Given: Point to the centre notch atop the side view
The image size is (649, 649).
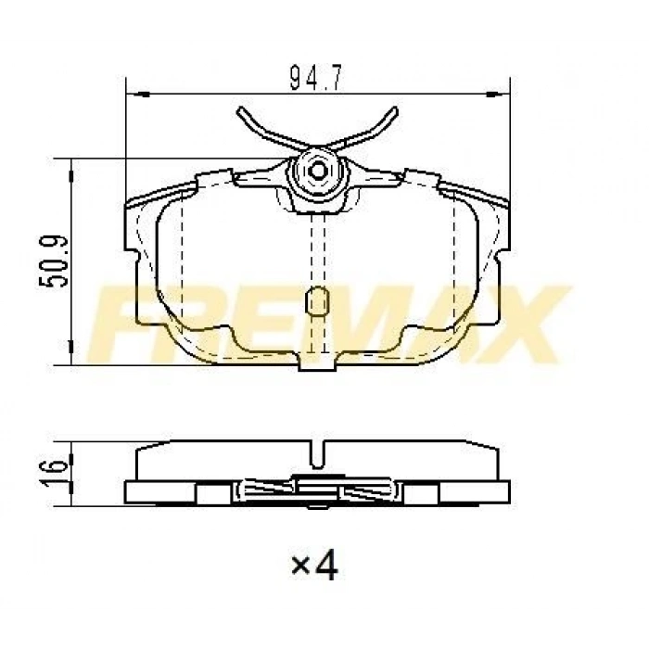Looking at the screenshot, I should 318,454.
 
